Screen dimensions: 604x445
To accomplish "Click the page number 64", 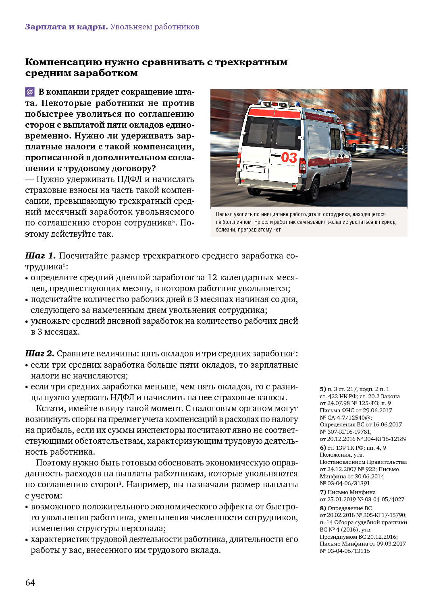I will pos(30,583).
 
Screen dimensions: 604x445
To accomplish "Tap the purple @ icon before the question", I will pos(30,92).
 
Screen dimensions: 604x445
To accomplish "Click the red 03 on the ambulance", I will pos(289,157).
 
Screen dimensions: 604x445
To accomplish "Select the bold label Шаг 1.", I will pos(40,256).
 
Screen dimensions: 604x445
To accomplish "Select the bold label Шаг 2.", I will pos(40,354).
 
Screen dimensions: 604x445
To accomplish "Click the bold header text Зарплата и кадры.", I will pos(66,27).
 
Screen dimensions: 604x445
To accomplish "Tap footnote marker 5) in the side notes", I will pos(322,389).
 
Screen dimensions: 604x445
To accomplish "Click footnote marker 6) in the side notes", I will pos(322,448).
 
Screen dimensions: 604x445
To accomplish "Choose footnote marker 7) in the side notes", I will pos(322,492).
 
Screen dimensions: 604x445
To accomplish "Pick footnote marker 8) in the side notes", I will pos(322,508).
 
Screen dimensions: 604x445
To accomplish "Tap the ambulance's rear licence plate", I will pos(255,169).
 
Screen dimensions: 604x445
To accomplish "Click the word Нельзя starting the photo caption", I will pos(224,215).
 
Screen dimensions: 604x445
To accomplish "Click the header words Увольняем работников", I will pos(155,27).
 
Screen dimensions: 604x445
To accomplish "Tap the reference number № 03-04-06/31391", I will pos(345,483).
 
